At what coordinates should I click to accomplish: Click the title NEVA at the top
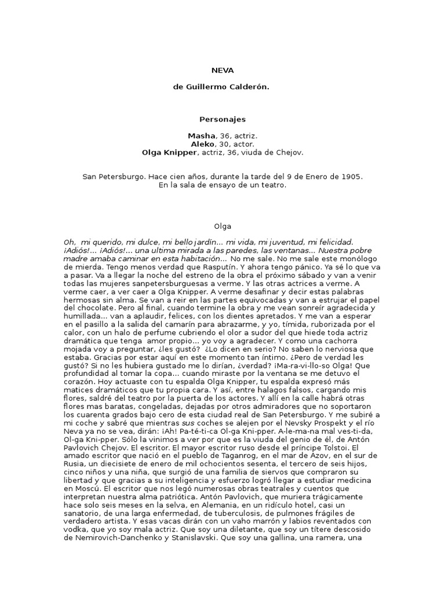point(222,71)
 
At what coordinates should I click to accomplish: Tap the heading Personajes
point(222,119)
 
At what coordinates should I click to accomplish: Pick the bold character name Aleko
point(202,144)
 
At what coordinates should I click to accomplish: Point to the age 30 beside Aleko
point(220,144)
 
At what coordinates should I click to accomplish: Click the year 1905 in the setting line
point(351,176)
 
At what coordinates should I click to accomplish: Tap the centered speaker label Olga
point(222,226)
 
